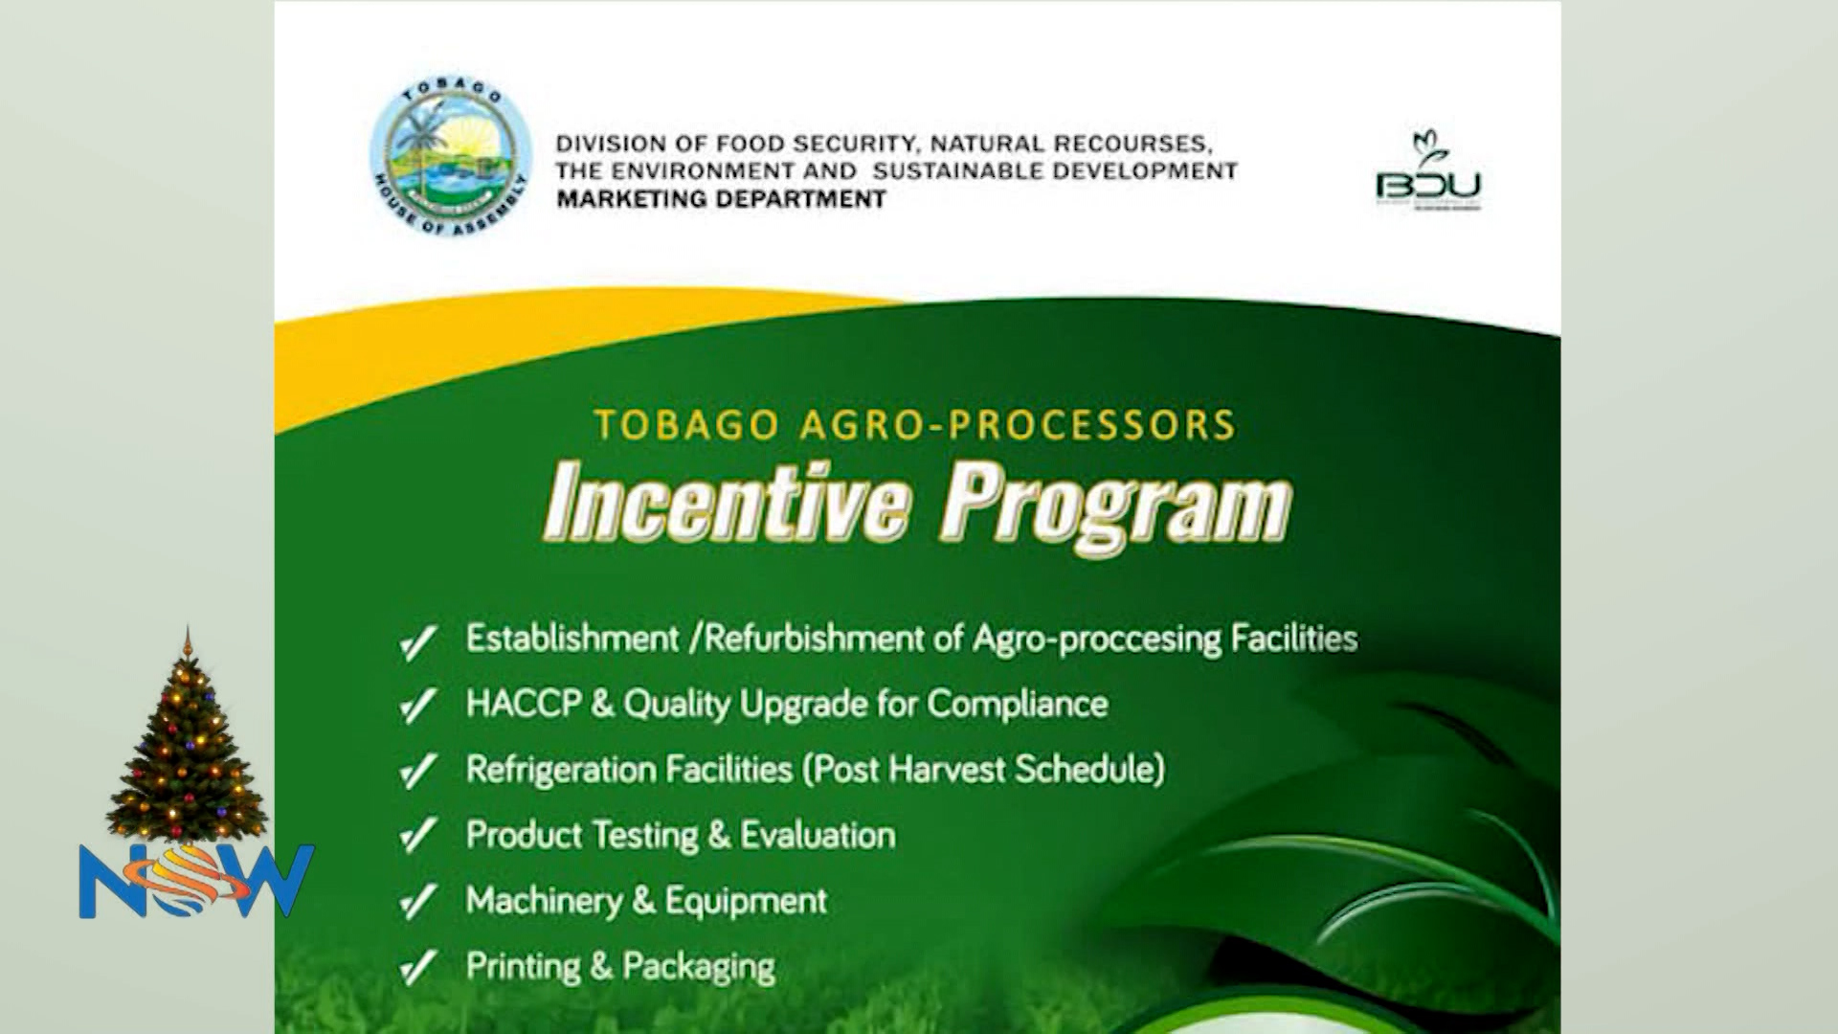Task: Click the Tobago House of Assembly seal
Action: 450,158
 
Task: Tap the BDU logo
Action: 1428,172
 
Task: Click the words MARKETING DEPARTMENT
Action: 721,199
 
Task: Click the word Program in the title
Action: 1115,506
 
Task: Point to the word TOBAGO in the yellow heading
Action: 685,425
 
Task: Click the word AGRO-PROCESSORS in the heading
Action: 1018,425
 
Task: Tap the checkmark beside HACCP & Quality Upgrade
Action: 418,707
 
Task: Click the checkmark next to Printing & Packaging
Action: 418,968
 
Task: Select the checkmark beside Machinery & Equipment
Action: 418,903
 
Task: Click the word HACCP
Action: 523,705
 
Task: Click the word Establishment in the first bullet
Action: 572,639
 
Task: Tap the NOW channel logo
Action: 195,881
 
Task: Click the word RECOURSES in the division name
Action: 1132,145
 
